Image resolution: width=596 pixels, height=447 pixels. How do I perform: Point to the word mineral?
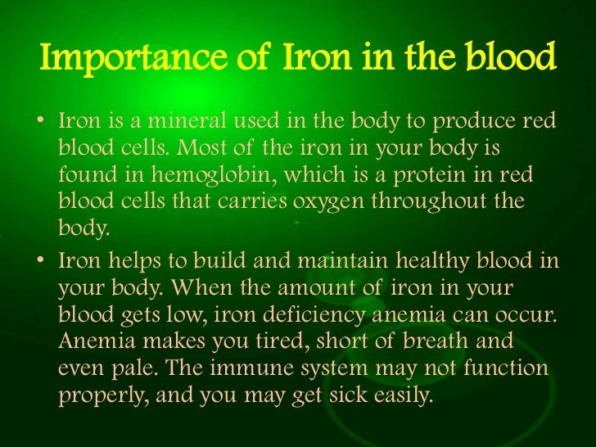click(x=162, y=123)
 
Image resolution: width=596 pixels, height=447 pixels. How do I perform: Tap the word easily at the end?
click(x=401, y=397)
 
